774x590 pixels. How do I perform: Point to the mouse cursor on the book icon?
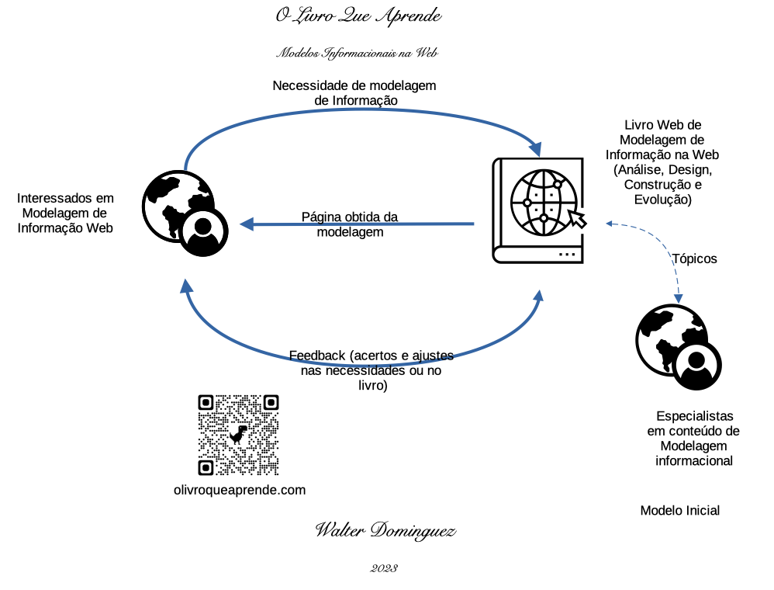coord(577,217)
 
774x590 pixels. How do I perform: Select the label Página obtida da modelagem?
coord(350,224)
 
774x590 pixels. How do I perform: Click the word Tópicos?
coord(694,259)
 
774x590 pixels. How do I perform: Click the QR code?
coord(238,435)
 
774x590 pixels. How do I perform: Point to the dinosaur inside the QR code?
coord(238,434)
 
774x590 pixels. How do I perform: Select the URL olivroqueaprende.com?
coord(240,490)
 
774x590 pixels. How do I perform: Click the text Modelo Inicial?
coord(679,510)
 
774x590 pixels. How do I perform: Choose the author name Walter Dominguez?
coord(385,531)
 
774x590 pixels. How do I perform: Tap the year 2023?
coord(385,568)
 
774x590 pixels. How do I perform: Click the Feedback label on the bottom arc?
coord(371,370)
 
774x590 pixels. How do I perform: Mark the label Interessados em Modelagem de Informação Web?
coord(66,213)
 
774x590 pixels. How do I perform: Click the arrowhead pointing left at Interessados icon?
coord(246,224)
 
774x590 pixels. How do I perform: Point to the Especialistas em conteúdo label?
coord(694,438)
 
